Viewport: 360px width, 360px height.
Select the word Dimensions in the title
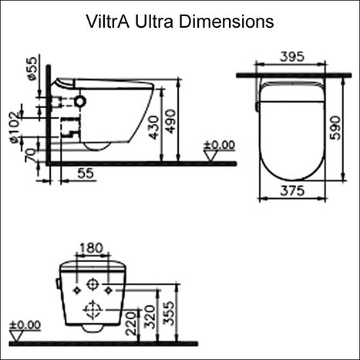pyautogui.click(x=227, y=22)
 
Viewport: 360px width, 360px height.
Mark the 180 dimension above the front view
pyautogui.click(x=92, y=248)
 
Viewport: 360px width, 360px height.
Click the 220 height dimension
pyautogui.click(x=136, y=323)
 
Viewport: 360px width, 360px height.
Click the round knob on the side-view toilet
pyautogui.click(x=80, y=101)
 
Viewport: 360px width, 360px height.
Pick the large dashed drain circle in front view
pyautogui.click(x=93, y=311)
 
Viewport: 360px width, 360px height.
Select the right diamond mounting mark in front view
pyautogui.click(x=108, y=289)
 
